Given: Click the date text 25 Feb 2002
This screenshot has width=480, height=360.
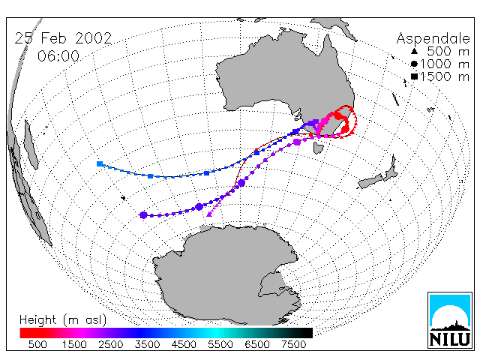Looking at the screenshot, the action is pos(63,38).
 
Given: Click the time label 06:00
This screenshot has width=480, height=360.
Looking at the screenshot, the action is pos(58,56).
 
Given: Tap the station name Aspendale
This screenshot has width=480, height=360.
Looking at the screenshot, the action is pos(433,38).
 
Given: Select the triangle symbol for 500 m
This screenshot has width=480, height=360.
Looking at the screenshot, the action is pos(414,51).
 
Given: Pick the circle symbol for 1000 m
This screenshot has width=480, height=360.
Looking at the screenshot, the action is pos(414,64).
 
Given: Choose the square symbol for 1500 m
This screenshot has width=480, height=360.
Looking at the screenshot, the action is pos(414,76).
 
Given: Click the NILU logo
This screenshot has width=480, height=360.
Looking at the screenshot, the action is pos(450,320).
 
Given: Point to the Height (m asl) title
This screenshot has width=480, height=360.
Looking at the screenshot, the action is pos(63,320).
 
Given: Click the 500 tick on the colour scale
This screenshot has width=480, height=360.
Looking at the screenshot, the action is pos(37,345).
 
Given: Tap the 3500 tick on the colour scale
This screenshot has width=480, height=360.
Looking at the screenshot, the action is pos(147,345).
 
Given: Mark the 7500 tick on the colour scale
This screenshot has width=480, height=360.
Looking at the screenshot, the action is pos(293,345).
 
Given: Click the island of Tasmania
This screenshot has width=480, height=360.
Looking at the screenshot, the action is pos(318,147).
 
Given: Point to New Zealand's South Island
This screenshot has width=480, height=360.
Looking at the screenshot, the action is pos(370,181).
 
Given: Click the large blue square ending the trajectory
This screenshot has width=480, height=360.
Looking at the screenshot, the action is pos(100,164).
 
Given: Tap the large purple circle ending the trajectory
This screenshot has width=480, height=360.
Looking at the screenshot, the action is pos(143,215).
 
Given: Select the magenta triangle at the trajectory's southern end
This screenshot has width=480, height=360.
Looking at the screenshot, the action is pos(209,214).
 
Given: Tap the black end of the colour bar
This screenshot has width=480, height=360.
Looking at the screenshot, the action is pos(303,333).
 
